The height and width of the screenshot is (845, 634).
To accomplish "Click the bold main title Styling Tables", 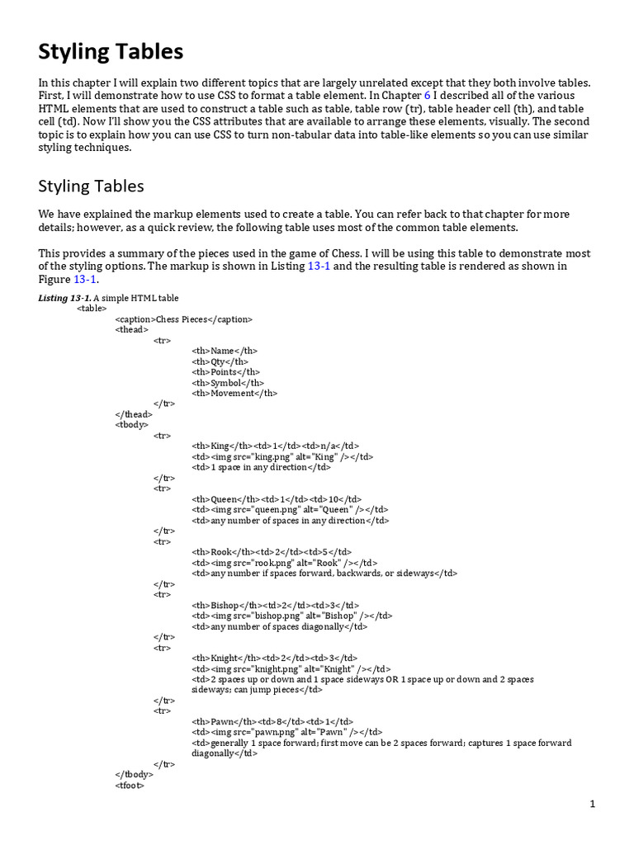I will [111, 53].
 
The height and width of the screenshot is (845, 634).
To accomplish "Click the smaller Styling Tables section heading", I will [91, 186].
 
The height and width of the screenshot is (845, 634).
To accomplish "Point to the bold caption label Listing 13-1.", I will [65, 298].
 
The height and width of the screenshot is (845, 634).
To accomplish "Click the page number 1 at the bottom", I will [592, 804].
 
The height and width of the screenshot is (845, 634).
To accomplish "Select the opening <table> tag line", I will [92, 308].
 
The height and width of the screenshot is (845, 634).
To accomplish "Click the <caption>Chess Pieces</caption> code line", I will [183, 319].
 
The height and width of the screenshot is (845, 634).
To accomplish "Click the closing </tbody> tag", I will [134, 775].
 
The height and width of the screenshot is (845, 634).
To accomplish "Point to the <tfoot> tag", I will [130, 786].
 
